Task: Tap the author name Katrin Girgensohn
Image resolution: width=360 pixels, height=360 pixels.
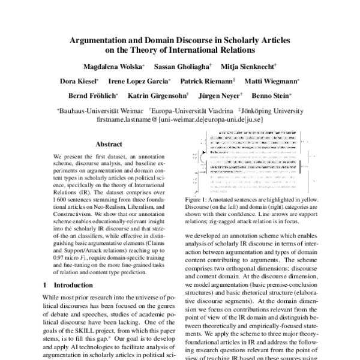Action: [158, 95]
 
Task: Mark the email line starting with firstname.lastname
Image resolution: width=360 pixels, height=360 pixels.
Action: [180, 119]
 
